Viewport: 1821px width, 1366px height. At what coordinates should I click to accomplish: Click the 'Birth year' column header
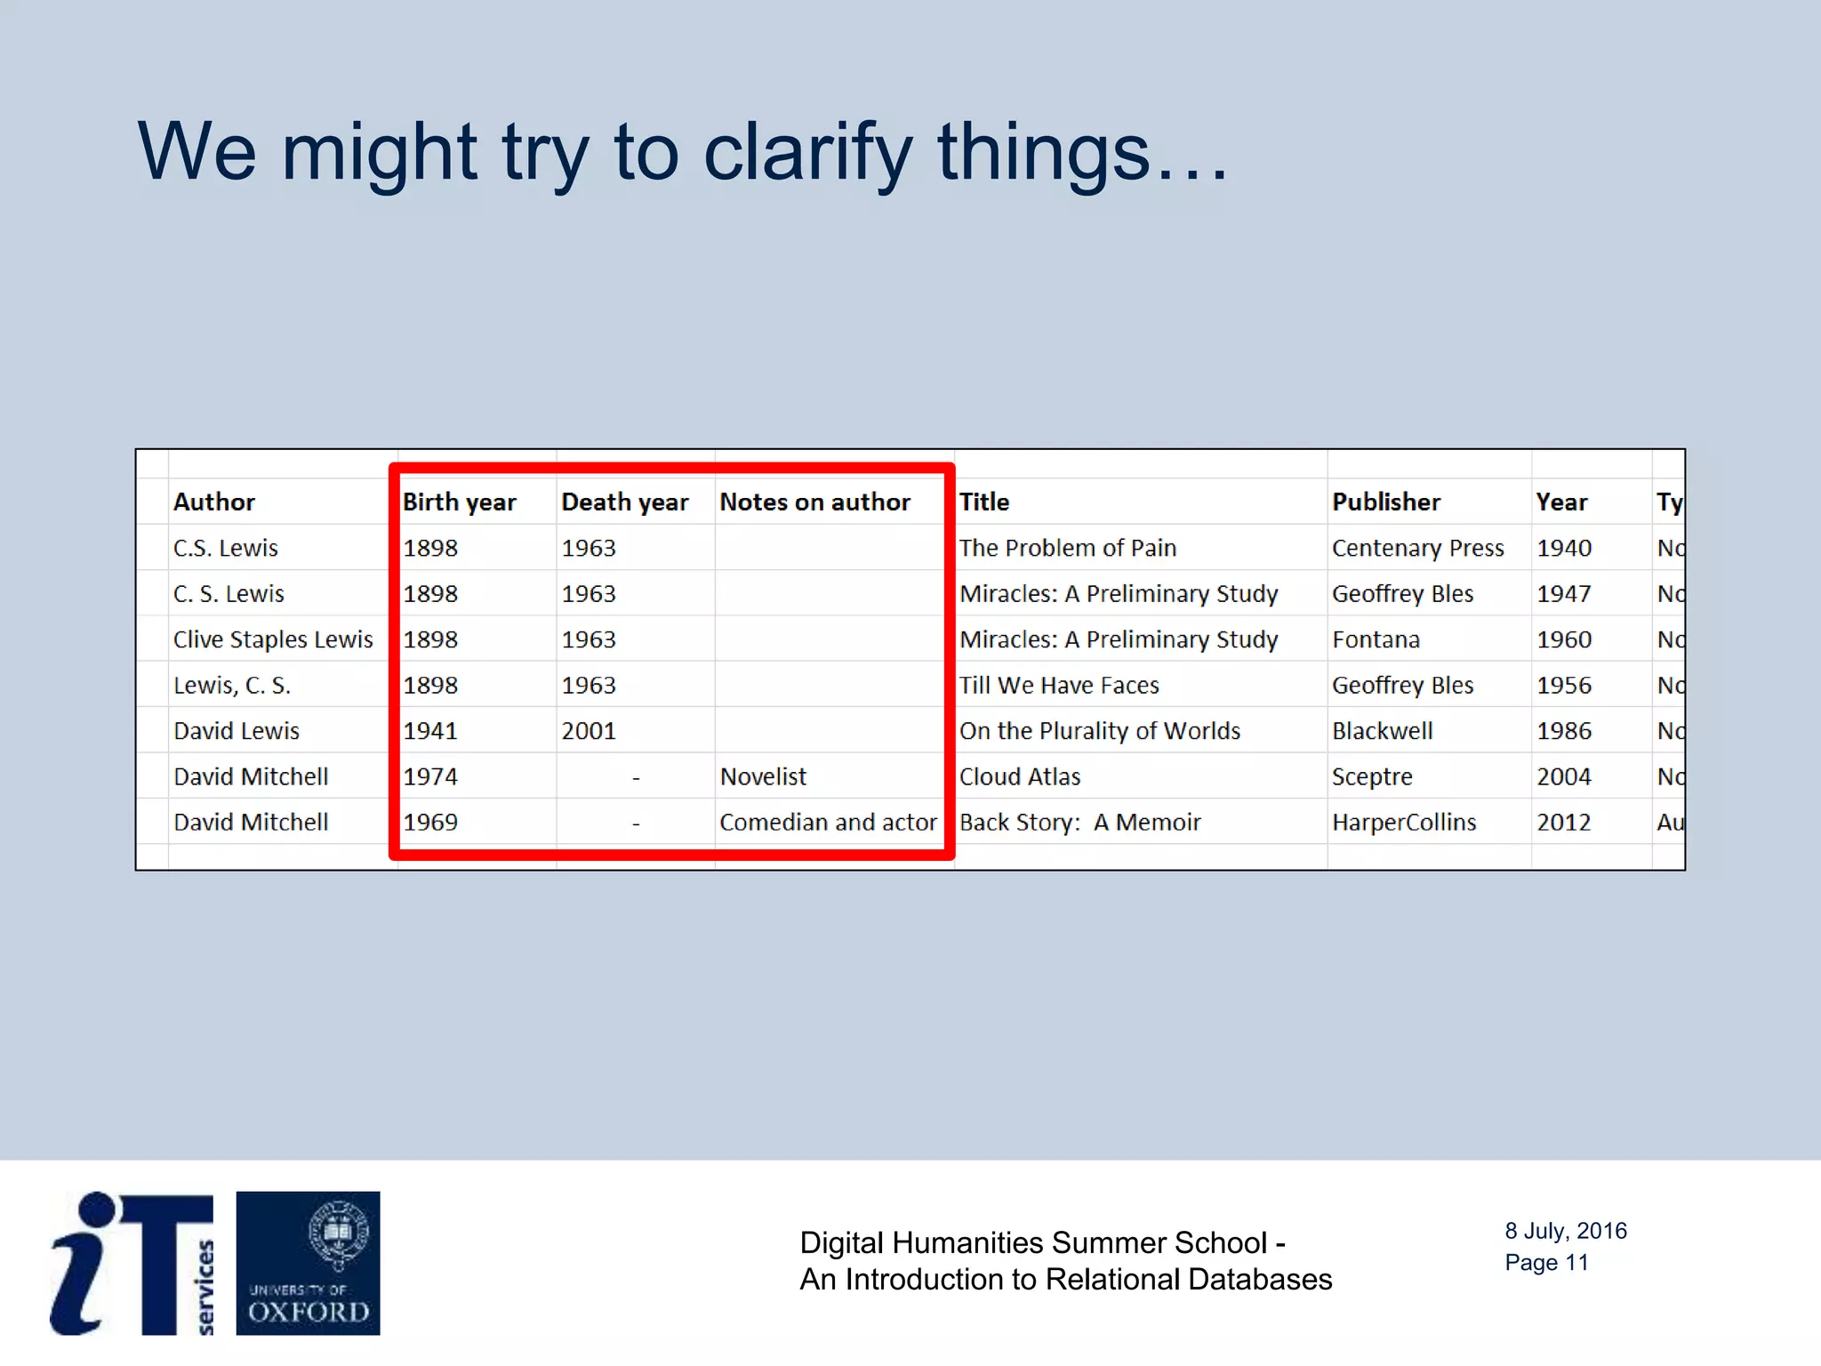click(459, 502)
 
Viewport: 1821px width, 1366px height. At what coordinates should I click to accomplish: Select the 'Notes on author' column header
click(814, 502)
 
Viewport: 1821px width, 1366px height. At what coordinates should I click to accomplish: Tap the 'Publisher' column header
click(1385, 502)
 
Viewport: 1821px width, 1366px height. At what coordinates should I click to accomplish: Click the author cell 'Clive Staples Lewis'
click(273, 639)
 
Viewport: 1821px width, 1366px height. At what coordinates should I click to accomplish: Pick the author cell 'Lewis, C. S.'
click(232, 686)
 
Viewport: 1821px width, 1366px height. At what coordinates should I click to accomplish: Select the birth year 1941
click(430, 731)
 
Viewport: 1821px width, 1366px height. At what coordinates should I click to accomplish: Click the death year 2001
click(589, 731)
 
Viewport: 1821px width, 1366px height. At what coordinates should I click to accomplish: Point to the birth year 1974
click(430, 777)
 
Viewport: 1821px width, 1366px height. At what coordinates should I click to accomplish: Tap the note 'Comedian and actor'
click(828, 823)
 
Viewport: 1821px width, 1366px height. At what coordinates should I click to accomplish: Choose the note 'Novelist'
click(763, 777)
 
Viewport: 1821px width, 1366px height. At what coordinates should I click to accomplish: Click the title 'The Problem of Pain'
click(1067, 549)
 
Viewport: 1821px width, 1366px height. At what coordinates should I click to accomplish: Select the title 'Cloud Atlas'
click(1020, 777)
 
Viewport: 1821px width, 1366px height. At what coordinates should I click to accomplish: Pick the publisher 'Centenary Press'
click(1417, 549)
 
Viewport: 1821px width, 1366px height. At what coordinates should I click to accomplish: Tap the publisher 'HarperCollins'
click(1404, 823)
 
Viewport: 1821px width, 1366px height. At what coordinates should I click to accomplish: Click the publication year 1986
click(1564, 731)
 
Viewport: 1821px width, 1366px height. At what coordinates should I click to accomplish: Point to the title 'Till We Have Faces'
click(1059, 686)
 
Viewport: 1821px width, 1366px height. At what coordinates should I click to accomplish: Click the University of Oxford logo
click(308, 1263)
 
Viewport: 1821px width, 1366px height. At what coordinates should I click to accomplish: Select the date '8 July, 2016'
click(1565, 1231)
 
